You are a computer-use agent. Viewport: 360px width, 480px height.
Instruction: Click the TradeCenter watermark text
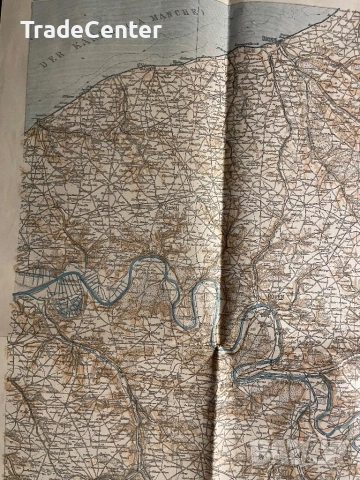click(x=91, y=29)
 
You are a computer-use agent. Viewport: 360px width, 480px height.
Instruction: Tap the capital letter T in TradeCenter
click(x=28, y=29)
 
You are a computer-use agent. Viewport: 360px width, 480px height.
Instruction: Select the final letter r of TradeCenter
click(x=157, y=30)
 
